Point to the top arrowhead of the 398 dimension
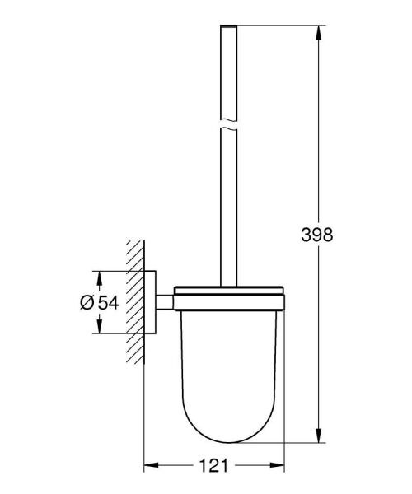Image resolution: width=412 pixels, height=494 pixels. (x=318, y=31)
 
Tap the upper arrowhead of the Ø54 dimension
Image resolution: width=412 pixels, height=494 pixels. (x=99, y=277)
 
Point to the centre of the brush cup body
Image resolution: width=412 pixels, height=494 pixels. (x=227, y=362)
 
